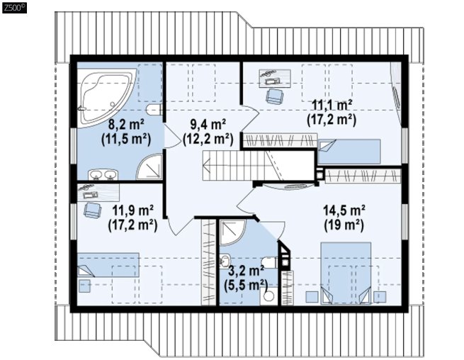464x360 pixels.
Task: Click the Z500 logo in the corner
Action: point(14,7)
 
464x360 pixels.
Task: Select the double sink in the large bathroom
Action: point(103,174)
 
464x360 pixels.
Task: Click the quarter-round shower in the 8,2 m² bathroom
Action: point(150,167)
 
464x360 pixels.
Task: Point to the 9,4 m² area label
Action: point(208,125)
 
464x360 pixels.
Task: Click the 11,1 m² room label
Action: point(332,105)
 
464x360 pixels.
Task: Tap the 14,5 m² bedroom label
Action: point(344,210)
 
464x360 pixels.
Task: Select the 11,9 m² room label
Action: point(132,210)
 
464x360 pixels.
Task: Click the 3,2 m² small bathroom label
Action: point(247,271)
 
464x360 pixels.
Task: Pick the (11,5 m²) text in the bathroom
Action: point(126,139)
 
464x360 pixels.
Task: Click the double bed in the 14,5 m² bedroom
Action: point(346,273)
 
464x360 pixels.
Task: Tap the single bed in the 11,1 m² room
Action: point(349,151)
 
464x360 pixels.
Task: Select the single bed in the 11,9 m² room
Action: point(108,264)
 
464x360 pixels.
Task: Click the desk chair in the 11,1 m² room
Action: point(275,96)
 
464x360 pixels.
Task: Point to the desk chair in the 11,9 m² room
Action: point(93,210)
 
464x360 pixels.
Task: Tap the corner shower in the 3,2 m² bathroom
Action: point(232,232)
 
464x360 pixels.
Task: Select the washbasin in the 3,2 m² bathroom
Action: point(225,261)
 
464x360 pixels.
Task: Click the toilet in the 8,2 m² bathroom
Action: point(154,110)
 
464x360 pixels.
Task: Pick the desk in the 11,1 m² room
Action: point(275,79)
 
